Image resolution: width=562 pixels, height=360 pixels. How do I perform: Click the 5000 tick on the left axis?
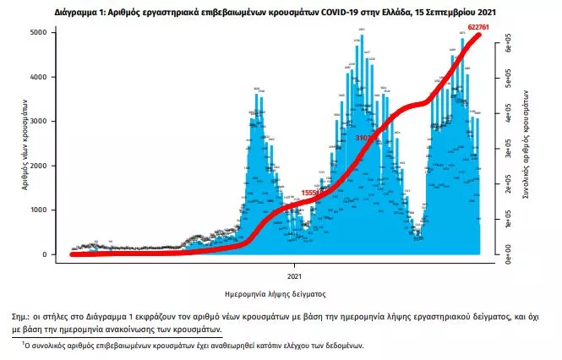[x=49, y=32]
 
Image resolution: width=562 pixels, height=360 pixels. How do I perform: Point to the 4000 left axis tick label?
[x=49, y=77]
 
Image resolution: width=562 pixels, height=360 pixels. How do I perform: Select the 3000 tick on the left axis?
[x=49, y=122]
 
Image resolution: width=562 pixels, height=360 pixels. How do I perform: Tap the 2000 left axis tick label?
[x=49, y=166]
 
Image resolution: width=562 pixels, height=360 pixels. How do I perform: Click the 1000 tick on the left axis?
[x=49, y=210]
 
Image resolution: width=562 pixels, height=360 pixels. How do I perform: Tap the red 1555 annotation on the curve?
[x=310, y=194]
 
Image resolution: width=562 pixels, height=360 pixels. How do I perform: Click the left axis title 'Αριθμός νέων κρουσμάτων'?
[x=25, y=143]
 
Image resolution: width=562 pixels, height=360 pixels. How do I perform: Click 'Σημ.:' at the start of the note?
[x=64, y=314]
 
